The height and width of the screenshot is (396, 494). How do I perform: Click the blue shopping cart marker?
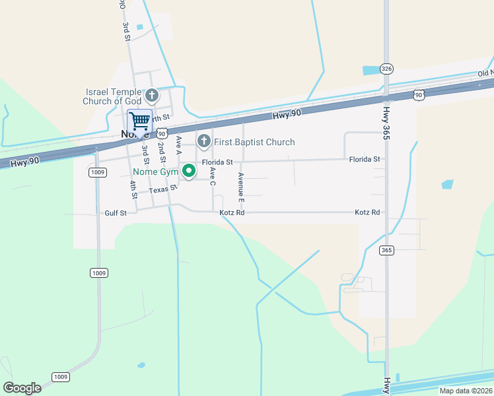pos(139,122)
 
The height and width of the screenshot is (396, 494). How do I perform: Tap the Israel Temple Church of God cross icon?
pos(151,95)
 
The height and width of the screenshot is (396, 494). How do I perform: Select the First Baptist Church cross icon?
pos(204,141)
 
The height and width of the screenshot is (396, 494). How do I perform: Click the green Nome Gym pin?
pos(190,172)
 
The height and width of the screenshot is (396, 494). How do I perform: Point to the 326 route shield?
pos(387,69)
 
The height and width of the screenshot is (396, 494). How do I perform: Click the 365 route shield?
pos(387,250)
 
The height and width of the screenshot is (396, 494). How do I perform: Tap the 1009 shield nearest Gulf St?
pos(97,172)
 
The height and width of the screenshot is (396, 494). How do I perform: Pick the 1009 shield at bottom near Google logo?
pos(60,377)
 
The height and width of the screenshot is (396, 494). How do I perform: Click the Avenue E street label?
pos(242,186)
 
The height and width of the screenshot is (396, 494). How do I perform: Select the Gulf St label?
pos(115,213)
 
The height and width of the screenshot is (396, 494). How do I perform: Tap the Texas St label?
pos(163,189)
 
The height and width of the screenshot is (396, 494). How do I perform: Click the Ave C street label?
pos(213,176)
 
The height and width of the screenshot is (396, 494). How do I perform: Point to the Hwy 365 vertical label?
pos(386,123)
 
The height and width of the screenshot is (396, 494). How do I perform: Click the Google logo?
pos(22,388)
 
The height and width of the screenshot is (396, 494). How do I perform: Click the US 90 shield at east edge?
pos(419,96)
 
